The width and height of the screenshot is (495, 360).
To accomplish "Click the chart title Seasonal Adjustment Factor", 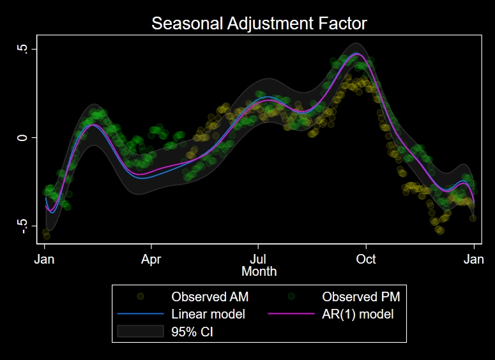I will click(259, 24).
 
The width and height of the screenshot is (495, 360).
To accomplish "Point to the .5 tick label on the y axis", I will click(25, 49).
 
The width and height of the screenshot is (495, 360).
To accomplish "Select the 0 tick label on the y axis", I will click(25, 137).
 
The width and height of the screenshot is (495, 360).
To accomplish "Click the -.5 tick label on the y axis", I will click(25, 226).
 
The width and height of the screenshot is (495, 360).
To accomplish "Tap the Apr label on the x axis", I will click(151, 259).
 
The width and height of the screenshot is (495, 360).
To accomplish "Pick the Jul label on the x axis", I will click(258, 259).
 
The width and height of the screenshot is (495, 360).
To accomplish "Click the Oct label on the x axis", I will click(366, 259).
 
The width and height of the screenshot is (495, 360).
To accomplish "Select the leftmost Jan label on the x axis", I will click(45, 259).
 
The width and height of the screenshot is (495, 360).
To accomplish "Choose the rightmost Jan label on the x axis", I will click(473, 259).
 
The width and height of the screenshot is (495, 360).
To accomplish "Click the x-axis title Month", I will click(259, 271).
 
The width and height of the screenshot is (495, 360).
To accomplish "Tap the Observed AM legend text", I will click(209, 297).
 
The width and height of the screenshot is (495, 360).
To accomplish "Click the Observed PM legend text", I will click(361, 297).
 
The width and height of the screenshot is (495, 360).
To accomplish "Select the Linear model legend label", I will click(208, 314).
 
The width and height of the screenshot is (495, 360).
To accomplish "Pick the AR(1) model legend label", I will click(358, 314).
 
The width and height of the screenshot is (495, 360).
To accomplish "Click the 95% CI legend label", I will click(192, 331).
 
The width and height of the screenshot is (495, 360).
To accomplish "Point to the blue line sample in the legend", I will click(141, 314).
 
